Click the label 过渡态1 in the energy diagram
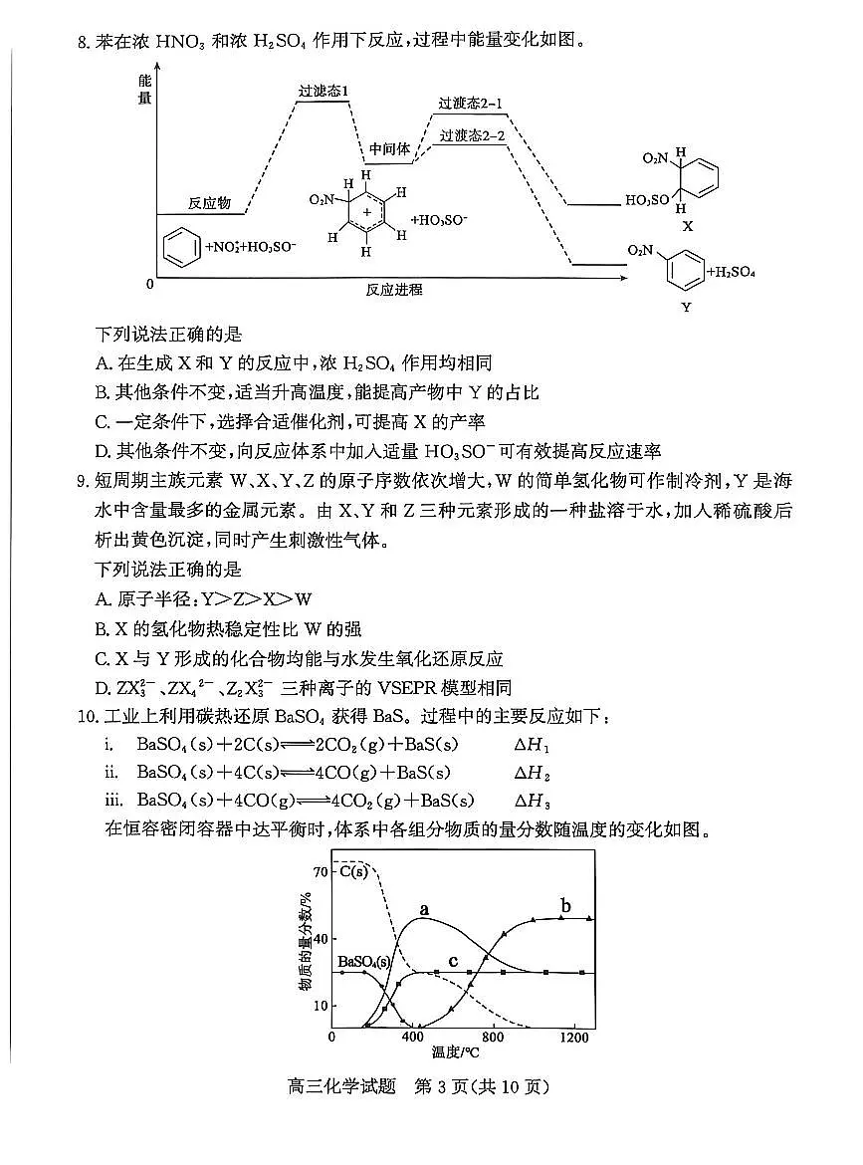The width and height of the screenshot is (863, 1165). pyautogui.click(x=324, y=92)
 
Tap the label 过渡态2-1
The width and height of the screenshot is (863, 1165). pyautogui.click(x=471, y=104)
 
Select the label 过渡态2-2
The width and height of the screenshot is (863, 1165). pyautogui.click(x=473, y=135)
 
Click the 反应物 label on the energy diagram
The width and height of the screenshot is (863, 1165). pyautogui.click(x=209, y=203)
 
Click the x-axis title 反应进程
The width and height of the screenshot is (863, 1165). pyautogui.click(x=394, y=290)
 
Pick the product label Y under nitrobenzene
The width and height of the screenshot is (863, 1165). pyautogui.click(x=686, y=308)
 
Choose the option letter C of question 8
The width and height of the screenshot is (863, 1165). pyautogui.click(x=101, y=421)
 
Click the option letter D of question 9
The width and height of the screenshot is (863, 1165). pyautogui.click(x=101, y=687)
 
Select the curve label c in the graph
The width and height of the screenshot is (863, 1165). pyautogui.click(x=453, y=961)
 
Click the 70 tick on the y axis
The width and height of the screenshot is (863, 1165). pyautogui.click(x=320, y=872)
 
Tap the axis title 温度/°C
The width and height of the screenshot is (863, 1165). pyautogui.click(x=455, y=1052)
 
